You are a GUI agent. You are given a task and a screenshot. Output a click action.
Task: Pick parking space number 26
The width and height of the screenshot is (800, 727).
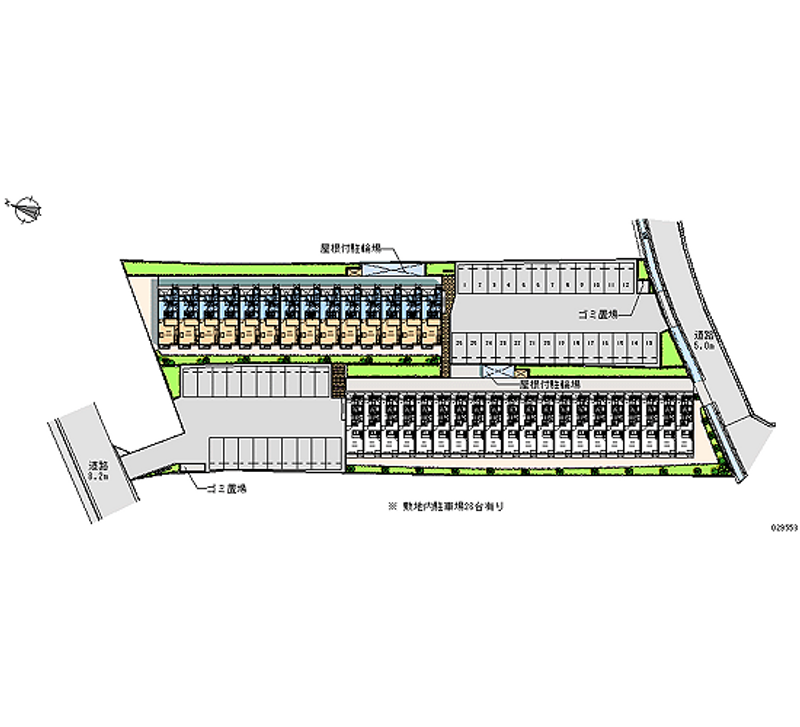tap(458, 343)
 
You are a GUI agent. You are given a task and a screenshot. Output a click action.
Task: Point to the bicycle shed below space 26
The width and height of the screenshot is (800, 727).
tap(497, 372)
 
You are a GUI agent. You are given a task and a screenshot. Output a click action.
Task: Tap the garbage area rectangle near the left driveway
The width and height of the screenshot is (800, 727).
tap(192, 466)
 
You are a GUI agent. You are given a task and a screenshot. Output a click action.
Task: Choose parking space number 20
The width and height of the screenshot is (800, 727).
tap(545, 343)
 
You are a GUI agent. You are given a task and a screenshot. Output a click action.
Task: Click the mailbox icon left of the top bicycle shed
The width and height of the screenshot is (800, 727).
tap(351, 269)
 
